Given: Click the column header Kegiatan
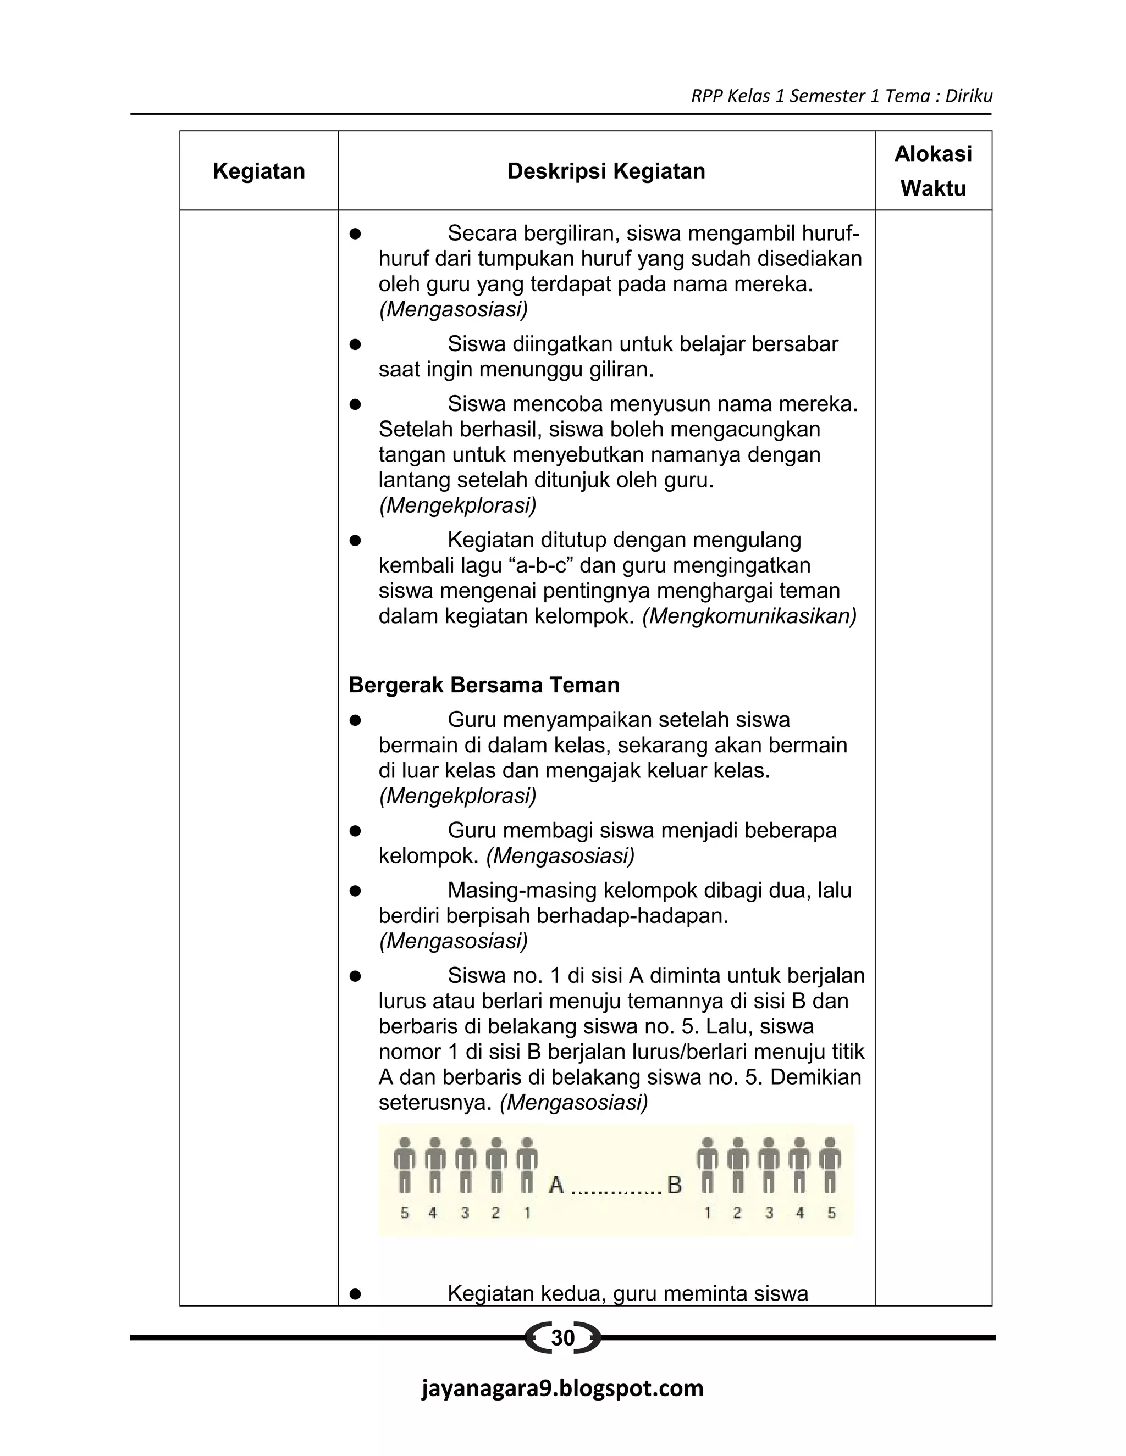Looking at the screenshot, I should pyautogui.click(x=259, y=171).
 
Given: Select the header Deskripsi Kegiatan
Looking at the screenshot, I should pyautogui.click(x=606, y=171).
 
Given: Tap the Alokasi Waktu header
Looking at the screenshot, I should pyautogui.click(x=932, y=171).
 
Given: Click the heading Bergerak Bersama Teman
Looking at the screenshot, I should pyautogui.click(x=484, y=685).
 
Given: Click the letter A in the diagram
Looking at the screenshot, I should pyautogui.click(x=556, y=1185).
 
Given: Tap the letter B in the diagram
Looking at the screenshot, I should pyautogui.click(x=675, y=1185).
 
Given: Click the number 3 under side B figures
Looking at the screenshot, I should pyautogui.click(x=769, y=1213).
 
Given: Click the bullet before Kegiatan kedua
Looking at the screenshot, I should pyautogui.click(x=356, y=1294).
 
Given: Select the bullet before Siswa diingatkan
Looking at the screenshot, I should pyautogui.click(x=356, y=344).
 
